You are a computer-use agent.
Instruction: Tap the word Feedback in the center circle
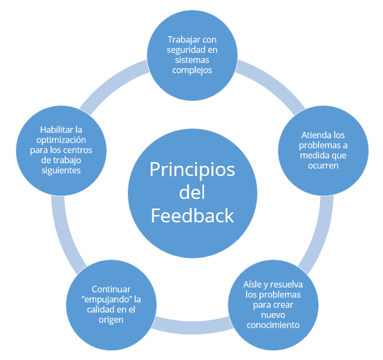192,216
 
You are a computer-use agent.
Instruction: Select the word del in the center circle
192,192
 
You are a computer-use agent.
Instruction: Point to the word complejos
192,71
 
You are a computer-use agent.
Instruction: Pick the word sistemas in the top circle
192,60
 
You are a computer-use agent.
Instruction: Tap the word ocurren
323,166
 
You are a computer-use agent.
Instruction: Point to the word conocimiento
273,325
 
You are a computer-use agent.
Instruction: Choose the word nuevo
273,315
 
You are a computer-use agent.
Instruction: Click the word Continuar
111,289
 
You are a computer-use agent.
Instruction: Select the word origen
111,320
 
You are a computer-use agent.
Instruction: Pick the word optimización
61,140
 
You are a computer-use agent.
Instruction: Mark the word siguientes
61,171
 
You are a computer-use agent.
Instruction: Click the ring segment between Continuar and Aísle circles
192,327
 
